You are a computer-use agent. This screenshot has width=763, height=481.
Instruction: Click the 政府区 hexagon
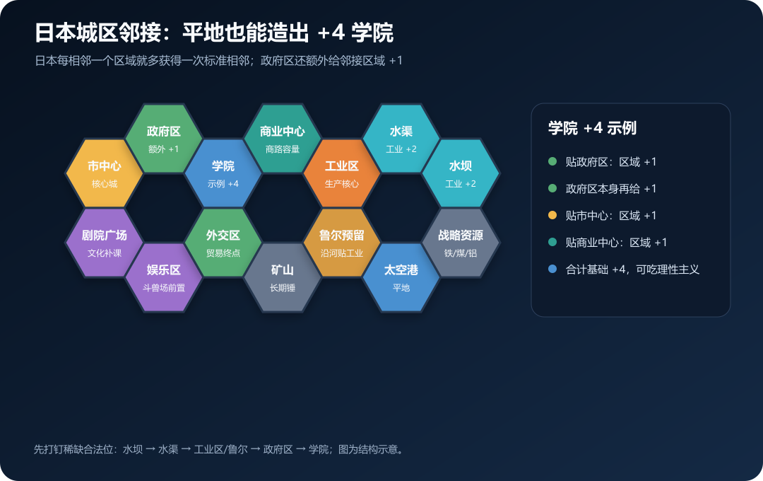tap(163, 139)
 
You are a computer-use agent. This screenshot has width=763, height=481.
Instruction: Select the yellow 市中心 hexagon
tap(104, 173)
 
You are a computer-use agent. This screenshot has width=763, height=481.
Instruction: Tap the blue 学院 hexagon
tap(223, 173)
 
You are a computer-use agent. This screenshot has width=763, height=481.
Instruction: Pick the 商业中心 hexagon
tap(282, 139)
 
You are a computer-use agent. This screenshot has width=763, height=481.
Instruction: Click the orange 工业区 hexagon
tap(342, 173)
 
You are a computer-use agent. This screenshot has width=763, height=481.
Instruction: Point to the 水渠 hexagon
tap(401, 139)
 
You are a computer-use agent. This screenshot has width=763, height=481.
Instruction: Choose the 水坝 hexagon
tap(461, 173)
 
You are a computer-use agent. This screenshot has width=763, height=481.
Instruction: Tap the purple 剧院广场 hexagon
tap(104, 243)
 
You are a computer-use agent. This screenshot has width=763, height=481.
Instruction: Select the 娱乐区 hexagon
tap(163, 277)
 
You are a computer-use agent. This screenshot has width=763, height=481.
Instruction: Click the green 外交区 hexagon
tap(223, 243)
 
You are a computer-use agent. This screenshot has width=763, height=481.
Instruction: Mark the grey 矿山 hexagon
tap(282, 277)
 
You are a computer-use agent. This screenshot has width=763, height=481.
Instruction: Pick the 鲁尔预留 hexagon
tap(342, 243)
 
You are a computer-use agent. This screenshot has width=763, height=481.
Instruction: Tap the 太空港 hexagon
tap(401, 277)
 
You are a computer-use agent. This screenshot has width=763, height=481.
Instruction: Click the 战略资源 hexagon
tap(461, 243)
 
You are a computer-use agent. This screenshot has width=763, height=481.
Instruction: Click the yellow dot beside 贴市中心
tap(552, 215)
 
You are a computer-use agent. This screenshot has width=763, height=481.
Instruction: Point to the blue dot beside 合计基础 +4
tap(552, 269)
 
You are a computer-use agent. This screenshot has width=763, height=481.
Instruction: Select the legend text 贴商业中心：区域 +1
tap(616, 242)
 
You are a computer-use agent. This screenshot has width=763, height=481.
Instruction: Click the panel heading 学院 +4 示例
tap(592, 128)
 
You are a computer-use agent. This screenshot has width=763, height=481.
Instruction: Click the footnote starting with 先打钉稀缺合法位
tap(219, 449)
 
